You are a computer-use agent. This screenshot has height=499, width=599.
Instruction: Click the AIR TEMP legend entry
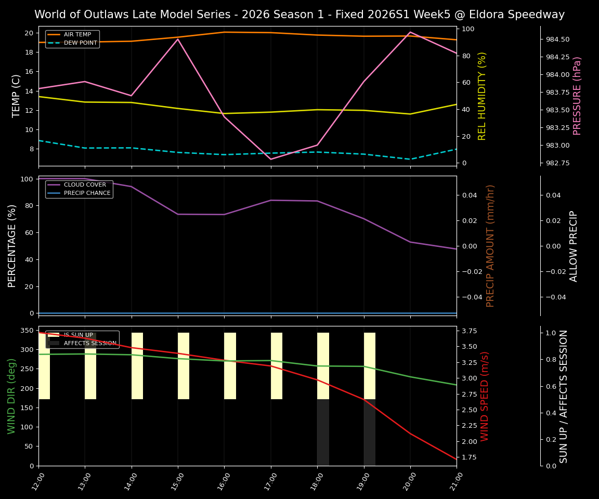(x=77, y=35)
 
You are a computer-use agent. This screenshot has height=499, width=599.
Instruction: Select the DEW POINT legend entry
(x=80, y=43)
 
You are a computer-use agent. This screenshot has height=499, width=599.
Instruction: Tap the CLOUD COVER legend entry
(x=85, y=185)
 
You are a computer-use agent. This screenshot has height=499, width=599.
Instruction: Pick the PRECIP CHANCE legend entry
(x=87, y=193)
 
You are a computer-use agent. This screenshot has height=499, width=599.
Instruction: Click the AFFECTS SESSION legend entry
(x=90, y=343)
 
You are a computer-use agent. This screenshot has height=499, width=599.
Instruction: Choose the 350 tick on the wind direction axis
(x=25, y=330)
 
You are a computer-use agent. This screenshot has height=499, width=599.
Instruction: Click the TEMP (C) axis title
(x=17, y=96)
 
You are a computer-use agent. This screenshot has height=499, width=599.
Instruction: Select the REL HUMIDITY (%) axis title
(x=482, y=96)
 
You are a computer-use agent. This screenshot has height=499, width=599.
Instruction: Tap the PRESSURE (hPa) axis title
(x=577, y=96)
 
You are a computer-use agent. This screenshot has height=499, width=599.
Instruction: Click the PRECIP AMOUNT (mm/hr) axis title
(x=490, y=245)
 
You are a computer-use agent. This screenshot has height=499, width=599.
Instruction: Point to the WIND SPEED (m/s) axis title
(x=485, y=396)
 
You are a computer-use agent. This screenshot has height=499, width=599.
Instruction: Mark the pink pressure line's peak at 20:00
(x=410, y=32)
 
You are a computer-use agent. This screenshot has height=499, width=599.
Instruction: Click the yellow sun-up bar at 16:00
(x=230, y=366)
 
